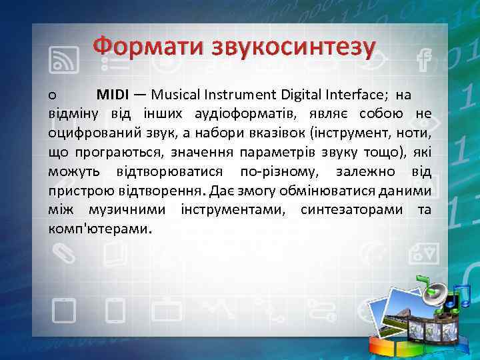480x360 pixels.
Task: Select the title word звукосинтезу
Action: [x=294, y=47]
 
